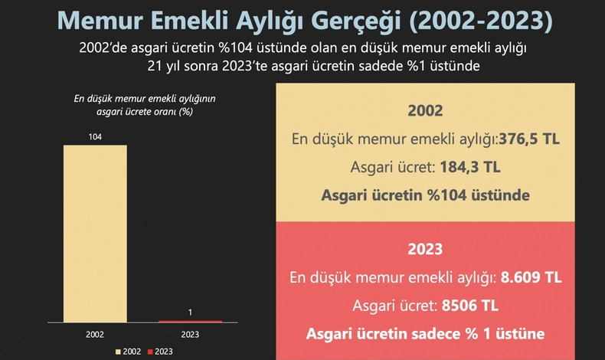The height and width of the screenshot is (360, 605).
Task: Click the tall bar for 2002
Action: coord(95,233)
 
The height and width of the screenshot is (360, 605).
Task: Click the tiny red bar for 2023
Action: coord(190,321)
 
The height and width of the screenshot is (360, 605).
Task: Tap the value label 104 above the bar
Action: coord(95,136)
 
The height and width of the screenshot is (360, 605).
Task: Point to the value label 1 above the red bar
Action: coord(190,312)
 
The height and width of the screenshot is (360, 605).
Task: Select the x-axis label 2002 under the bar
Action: coord(95,335)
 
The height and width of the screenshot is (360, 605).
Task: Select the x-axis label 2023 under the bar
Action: coord(190,335)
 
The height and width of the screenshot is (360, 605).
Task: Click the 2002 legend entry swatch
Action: coord(118,352)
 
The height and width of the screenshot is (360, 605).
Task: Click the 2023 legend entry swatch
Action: coord(150,352)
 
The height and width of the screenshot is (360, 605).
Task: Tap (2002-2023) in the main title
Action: coord(480,21)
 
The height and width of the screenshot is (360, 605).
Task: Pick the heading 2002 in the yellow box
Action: coord(425,110)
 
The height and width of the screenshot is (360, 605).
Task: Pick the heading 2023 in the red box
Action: coord(425,249)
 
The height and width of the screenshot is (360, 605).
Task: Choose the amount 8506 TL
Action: coord(470,306)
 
